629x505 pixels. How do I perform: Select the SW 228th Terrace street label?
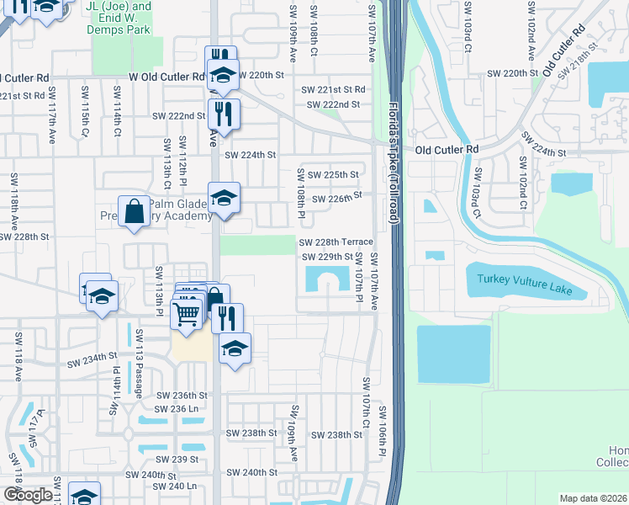[336, 242]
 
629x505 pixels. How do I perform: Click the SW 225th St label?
[332, 175]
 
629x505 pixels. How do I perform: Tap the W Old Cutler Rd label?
[166, 76]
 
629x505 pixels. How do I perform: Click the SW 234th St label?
[90, 361]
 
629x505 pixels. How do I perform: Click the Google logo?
[28, 495]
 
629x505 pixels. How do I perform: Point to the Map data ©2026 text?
[593, 498]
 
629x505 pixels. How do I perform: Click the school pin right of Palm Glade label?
[224, 199]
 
